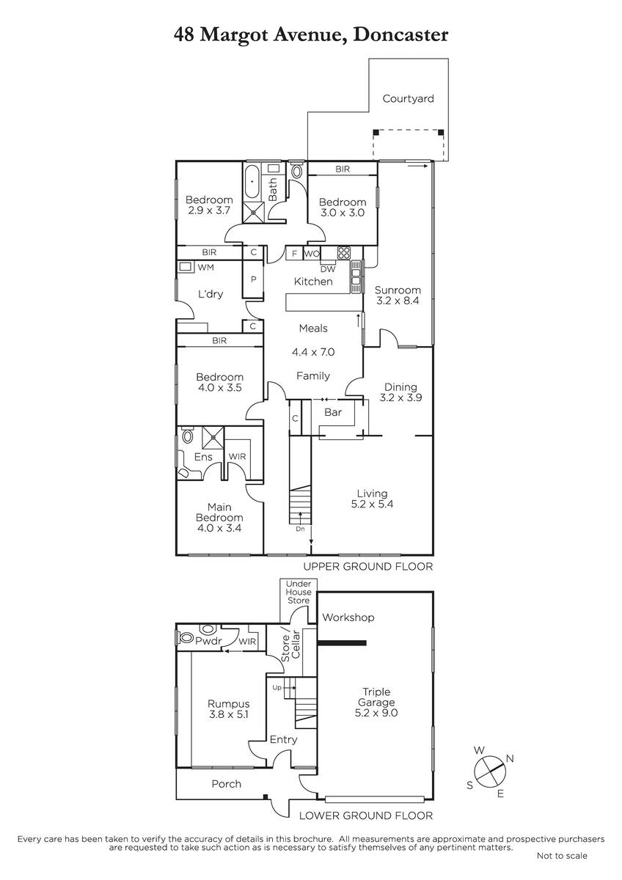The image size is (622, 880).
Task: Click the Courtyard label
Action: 408,98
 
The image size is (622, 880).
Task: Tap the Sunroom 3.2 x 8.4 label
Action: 398,296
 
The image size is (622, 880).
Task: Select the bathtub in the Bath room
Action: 252,183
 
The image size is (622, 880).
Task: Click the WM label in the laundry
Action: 205,268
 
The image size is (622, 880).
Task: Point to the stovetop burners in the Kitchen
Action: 343,252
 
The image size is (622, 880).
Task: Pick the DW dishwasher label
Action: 328,269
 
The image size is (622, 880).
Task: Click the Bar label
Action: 333,412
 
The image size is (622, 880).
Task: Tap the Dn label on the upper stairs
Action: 300,529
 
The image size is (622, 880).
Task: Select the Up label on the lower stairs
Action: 277,688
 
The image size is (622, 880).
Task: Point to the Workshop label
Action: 348,617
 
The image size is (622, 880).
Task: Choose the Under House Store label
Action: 299,592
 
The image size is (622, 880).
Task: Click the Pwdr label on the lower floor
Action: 208,641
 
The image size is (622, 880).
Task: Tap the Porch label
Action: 227,784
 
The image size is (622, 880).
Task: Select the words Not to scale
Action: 562,856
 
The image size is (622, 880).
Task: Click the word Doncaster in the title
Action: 400,34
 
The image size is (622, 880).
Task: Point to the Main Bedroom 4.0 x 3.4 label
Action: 219,518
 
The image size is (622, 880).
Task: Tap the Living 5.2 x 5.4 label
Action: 372,499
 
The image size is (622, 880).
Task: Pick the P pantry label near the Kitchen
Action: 254,279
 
